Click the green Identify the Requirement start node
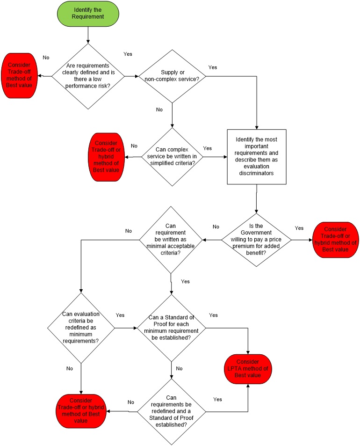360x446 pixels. pos(88,13)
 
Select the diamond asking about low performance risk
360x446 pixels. pos(88,75)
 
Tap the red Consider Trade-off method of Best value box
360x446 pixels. pos(20,76)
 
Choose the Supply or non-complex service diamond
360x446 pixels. pos(173,76)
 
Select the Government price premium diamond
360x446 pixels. pos(257,240)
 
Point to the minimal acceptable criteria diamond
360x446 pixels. pos(171,240)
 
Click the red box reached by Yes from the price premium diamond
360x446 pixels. pos(335,240)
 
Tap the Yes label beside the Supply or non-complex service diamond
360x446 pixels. pos(213,67)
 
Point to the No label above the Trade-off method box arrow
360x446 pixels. pos(46,58)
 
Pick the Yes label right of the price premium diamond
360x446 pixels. pos(299,228)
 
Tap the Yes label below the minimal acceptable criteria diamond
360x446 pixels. pos(185,281)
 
